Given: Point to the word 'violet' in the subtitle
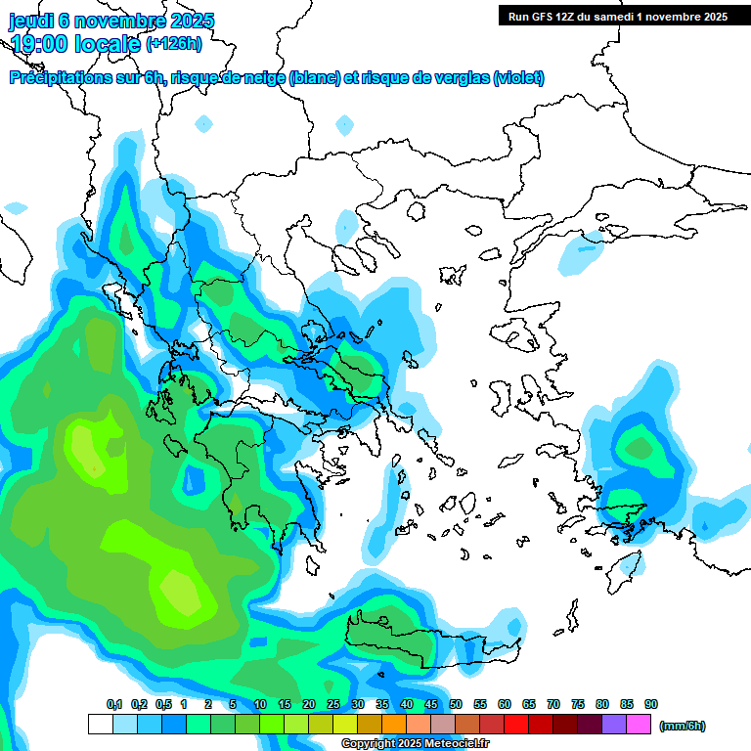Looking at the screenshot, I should (x=517, y=78).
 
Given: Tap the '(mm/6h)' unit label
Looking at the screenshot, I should (x=682, y=726).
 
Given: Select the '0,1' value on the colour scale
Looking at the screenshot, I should (x=114, y=704).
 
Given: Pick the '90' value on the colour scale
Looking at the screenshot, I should (x=651, y=704).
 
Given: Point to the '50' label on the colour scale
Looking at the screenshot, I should (x=456, y=704).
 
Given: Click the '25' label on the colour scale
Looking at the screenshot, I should (x=333, y=704).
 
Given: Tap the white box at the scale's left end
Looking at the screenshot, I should (x=100, y=725).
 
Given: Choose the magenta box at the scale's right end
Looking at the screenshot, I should (x=639, y=725).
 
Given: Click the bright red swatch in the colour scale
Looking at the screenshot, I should (x=516, y=725).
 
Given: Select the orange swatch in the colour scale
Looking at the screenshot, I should (x=394, y=725).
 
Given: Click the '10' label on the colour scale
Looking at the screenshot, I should (x=260, y=704).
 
